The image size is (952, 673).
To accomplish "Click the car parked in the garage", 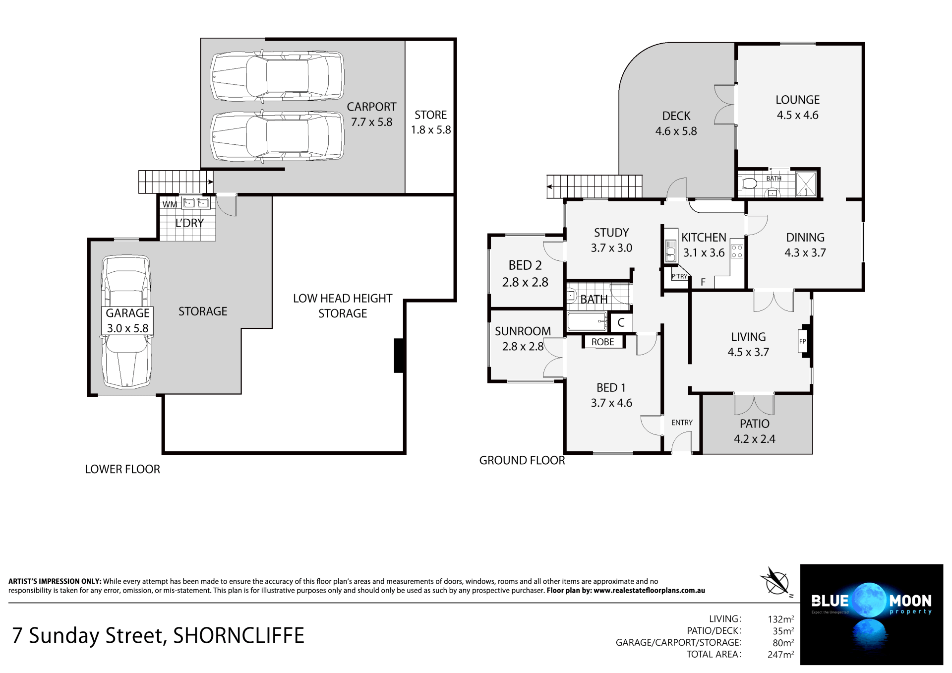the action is point(126,322).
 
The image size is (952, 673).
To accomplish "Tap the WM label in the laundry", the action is point(170,204).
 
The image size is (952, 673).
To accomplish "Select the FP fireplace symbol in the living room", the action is point(802,341).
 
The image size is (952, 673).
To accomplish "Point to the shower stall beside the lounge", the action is point(806,184).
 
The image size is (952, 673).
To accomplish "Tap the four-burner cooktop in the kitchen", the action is point(737,251).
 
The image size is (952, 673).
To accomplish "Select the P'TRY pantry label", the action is point(679,276).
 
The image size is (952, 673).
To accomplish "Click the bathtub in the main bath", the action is point(587,321).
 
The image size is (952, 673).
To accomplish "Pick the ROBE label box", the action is point(602,342).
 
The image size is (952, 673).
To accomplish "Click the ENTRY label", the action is point(682,423).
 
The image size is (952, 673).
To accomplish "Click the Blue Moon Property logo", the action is point(871,614).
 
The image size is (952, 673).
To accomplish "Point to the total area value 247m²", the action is point(780,655).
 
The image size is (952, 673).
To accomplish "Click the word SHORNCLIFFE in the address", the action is point(238,635).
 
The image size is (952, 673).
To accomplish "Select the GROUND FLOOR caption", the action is point(522,460).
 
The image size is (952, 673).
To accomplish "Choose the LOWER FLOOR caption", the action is point(122,469).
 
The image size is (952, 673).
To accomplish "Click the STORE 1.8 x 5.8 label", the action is point(430,122).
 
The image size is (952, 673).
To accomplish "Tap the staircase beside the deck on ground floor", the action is point(595,186).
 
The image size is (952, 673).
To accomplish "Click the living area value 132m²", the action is point(780,619).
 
